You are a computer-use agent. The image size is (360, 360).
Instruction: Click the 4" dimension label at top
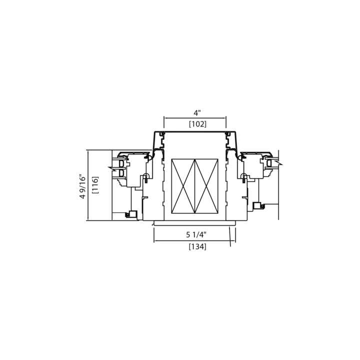197,113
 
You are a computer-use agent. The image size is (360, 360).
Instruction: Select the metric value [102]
197,124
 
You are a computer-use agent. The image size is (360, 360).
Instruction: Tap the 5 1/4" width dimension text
196,234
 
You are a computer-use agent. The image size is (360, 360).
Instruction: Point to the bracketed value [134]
197,246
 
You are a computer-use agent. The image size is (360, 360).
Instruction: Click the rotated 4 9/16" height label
82,187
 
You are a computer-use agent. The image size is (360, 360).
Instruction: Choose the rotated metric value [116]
95,185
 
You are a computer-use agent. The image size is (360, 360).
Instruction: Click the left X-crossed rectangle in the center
183,186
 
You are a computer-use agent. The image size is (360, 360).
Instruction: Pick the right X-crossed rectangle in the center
206,186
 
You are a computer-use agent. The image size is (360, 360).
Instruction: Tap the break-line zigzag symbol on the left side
112,168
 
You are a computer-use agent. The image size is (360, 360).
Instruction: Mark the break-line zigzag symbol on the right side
278,163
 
